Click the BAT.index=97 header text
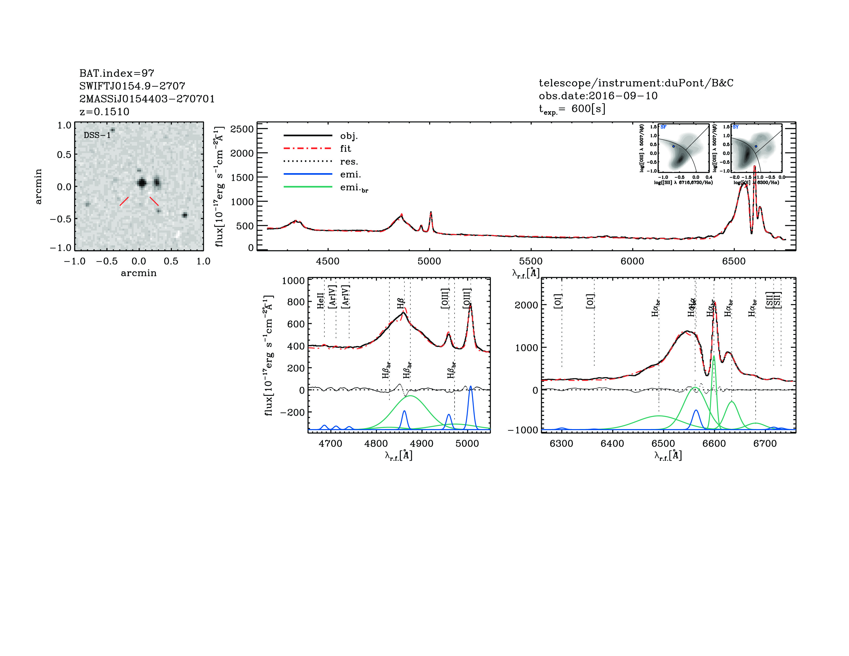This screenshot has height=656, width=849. (117, 73)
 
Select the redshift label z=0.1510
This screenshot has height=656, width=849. (104, 112)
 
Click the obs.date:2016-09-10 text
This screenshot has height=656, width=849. (598, 96)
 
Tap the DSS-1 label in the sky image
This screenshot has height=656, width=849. (97, 135)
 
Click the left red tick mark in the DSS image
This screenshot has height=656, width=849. (124, 201)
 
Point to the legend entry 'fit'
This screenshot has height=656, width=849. (345, 148)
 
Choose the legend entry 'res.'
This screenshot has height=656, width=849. (349, 161)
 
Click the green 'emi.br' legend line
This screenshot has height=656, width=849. (308, 187)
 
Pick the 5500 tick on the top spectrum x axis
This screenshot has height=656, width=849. (530, 261)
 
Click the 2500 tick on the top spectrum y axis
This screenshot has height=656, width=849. (242, 129)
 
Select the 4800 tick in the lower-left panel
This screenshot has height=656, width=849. (376, 444)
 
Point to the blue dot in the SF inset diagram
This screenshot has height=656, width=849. (673, 146)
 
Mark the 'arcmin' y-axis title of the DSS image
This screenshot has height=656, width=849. (38, 186)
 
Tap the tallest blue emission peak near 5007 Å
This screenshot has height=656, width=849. (470, 387)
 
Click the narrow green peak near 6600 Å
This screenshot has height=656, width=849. (713, 356)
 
